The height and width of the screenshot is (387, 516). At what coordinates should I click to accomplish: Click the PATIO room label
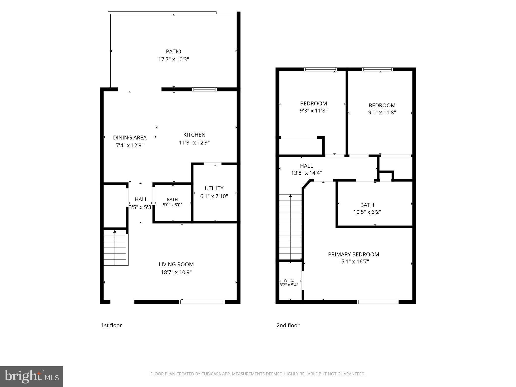(173, 52)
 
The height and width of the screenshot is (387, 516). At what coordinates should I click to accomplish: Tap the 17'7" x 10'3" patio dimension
(173, 59)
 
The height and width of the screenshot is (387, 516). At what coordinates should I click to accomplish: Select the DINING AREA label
(130, 138)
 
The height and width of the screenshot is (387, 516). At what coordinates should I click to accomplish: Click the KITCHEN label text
(194, 135)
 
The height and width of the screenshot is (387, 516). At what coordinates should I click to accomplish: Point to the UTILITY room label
(214, 188)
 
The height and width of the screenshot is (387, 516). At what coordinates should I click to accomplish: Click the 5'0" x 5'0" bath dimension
(172, 205)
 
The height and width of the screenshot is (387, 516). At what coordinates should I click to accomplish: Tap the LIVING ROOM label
(176, 264)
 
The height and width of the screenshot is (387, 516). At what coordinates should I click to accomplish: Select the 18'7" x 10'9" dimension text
(176, 272)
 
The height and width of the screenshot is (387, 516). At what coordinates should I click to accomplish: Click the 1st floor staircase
(116, 248)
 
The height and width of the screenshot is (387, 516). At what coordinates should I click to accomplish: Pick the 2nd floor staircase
(290, 227)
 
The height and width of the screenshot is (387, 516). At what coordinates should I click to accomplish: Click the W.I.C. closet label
(289, 280)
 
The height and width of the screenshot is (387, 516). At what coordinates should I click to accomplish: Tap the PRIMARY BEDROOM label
(353, 254)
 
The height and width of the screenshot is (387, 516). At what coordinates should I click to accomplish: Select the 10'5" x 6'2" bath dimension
(367, 212)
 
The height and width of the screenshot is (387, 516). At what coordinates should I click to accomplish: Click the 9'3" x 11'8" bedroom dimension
(313, 111)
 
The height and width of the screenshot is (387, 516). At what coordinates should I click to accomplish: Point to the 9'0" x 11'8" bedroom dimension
(382, 113)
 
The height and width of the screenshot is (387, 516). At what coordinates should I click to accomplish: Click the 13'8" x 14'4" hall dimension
(306, 173)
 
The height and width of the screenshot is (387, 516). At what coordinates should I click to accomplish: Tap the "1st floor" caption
(111, 325)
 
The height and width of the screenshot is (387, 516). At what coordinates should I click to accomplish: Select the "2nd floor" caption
(288, 325)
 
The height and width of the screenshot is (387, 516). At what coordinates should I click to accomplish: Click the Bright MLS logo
(31, 377)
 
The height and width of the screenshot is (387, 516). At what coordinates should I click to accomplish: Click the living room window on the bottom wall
(202, 302)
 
